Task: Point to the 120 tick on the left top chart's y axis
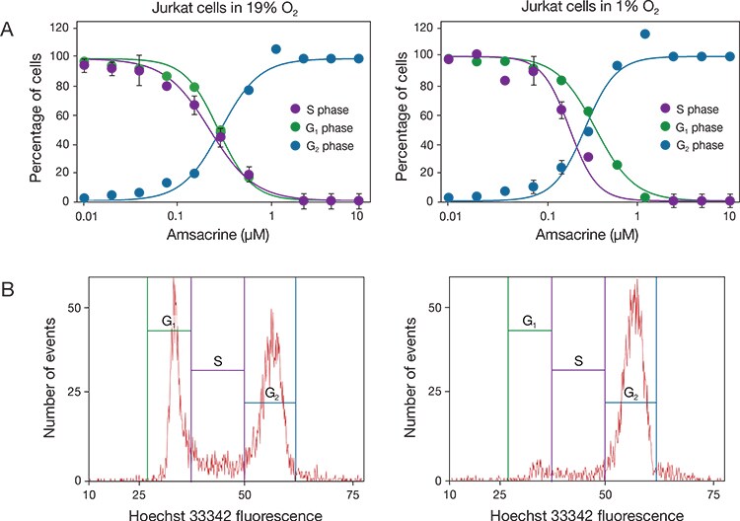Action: click(x=69, y=28)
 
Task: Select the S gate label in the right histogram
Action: click(x=578, y=362)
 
